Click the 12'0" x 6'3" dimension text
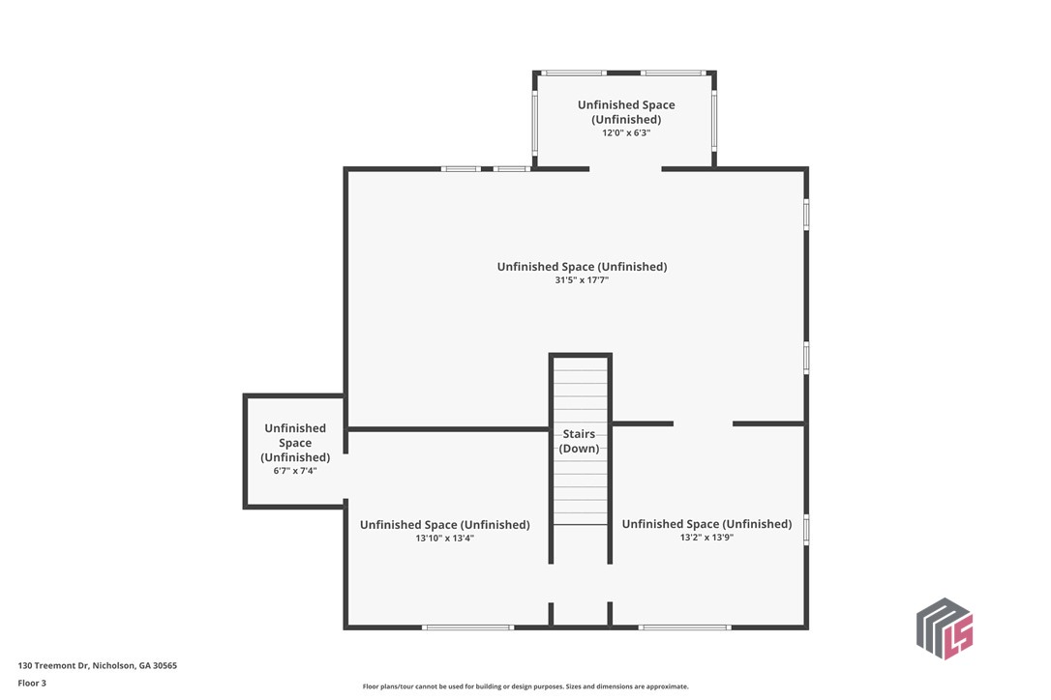tap(626, 132)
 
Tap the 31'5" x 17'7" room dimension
tap(581, 280)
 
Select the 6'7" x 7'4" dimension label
tap(295, 471)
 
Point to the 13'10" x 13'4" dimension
tap(444, 538)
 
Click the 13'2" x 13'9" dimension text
tap(706, 538)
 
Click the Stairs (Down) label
tap(579, 442)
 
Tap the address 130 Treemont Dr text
tap(53, 665)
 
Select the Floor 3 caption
tap(32, 684)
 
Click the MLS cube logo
tap(945, 628)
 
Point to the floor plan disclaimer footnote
tap(525, 685)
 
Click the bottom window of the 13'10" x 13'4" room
tap(467, 627)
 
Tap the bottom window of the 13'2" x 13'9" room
tap(684, 627)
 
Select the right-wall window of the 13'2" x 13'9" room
tap(806, 529)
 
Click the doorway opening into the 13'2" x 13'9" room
tap(704, 423)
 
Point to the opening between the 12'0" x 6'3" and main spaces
tap(625, 169)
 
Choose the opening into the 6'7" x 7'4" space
tap(345, 477)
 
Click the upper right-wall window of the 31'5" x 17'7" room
tap(806, 215)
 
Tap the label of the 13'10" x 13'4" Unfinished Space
tap(444, 524)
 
